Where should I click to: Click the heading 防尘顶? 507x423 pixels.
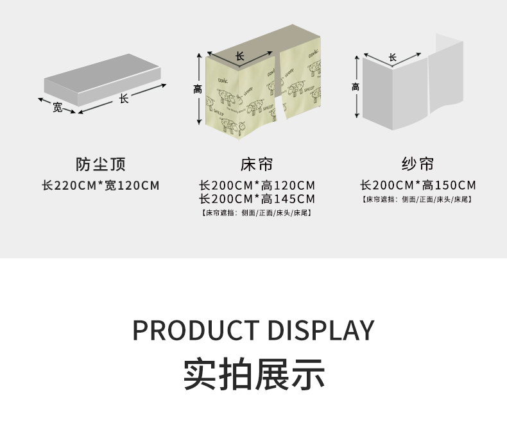[x=101, y=165]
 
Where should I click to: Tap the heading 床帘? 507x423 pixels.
[x=257, y=165]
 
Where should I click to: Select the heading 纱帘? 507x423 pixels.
[x=418, y=165]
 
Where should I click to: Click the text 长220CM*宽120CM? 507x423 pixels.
[x=101, y=186]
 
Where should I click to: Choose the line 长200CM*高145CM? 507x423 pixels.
[x=257, y=199]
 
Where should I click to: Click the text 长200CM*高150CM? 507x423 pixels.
[x=418, y=186]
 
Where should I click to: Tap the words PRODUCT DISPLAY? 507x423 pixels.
[x=253, y=330]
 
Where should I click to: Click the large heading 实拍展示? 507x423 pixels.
[x=253, y=374]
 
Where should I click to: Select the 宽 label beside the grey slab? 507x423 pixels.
[x=58, y=107]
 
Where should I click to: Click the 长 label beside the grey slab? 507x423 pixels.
[x=124, y=98]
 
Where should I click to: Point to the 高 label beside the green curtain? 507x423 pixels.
[x=198, y=90]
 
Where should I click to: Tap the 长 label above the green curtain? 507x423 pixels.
[x=240, y=56]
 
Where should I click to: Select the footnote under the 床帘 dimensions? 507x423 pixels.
[x=257, y=213]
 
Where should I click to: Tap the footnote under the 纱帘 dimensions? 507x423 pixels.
[x=418, y=199]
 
